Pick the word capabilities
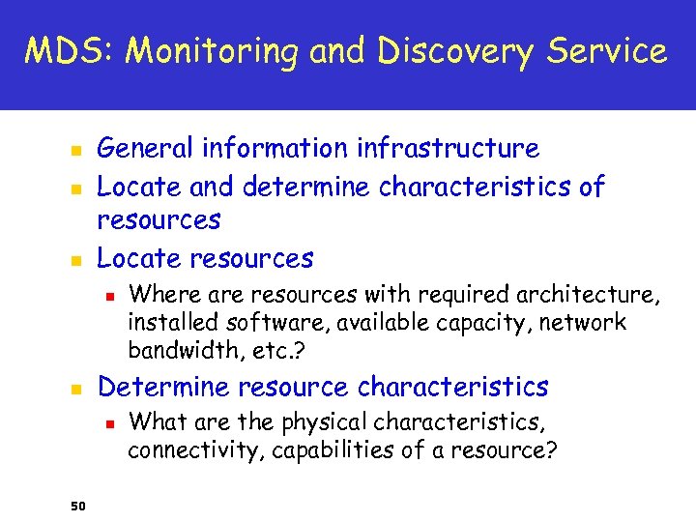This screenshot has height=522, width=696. pyautogui.click(x=324, y=449)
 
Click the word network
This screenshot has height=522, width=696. pyautogui.click(x=591, y=321)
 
